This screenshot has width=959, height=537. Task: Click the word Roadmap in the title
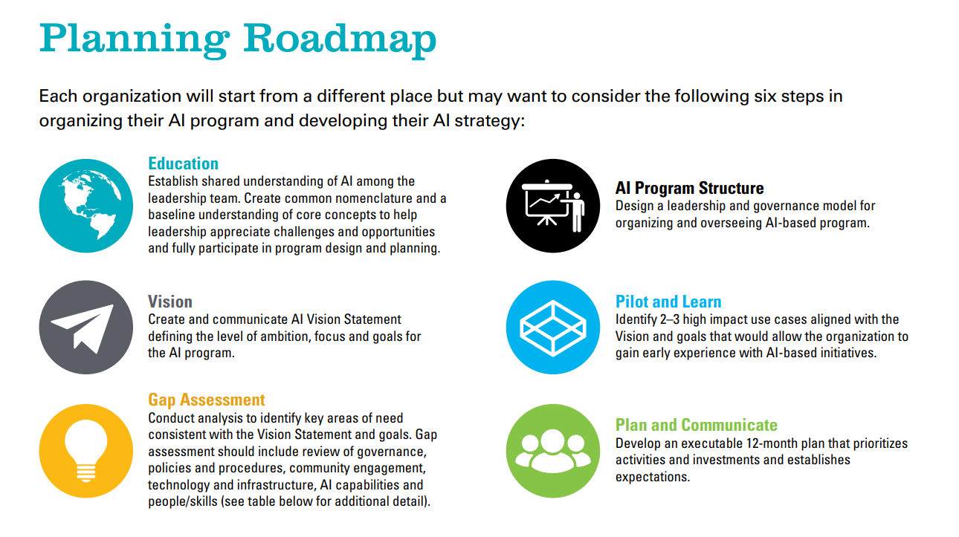[x=340, y=39]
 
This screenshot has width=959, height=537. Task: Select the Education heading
[x=183, y=163]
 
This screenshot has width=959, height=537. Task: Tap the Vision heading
[x=170, y=302]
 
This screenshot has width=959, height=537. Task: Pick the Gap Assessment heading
[x=207, y=400]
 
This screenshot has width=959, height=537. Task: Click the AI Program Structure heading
[x=689, y=188]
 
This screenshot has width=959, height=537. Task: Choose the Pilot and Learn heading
[x=668, y=302]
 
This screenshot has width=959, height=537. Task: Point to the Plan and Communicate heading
[x=697, y=425]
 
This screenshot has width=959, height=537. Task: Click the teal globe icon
[x=86, y=206]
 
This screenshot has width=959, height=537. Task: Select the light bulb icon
[x=86, y=451]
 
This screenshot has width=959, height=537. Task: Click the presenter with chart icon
[x=553, y=206]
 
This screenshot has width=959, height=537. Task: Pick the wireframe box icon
[x=553, y=328]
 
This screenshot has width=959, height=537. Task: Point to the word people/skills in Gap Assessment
[x=183, y=501]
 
